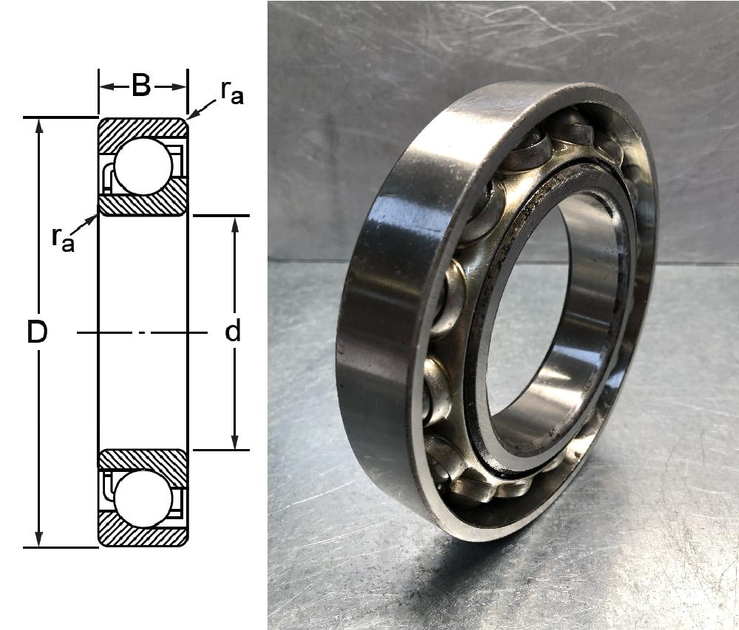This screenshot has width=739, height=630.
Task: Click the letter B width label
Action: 141,86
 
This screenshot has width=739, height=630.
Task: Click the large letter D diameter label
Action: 37,332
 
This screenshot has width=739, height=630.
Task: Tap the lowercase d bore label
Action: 233,331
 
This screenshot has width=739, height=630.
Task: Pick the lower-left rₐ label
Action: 63,239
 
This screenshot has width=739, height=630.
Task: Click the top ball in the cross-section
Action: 143,166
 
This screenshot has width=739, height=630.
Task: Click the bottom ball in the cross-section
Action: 143,498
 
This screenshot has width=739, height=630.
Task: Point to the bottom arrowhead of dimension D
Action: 39,540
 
